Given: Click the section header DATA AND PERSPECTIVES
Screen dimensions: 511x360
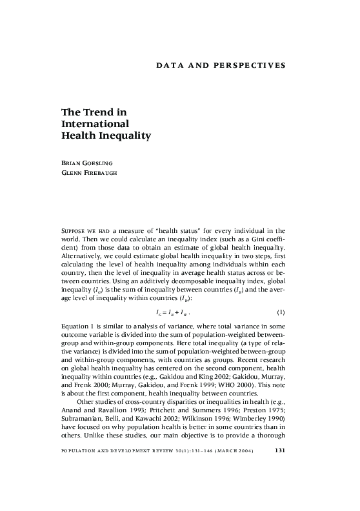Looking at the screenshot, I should pyautogui.click(x=221, y=66).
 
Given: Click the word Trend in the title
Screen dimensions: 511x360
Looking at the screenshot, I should pyautogui.click(x=106, y=112).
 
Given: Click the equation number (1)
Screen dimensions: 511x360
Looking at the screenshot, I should pyautogui.click(x=280, y=312).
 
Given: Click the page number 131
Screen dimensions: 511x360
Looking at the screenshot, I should pyautogui.click(x=280, y=450).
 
